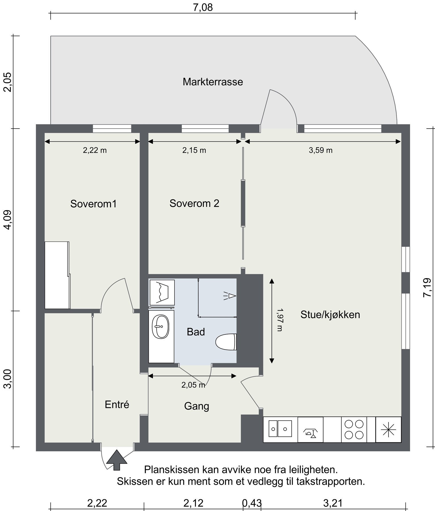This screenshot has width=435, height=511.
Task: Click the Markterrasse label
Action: click(213, 82)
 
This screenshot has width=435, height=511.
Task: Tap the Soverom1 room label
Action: click(93, 204)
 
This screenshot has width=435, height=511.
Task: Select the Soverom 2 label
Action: click(194, 203)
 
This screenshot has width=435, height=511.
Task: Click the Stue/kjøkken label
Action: click(330, 315)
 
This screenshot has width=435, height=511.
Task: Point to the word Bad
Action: click(196, 332)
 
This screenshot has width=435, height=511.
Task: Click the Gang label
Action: click(197, 406)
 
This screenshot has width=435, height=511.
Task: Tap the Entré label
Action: click(117, 405)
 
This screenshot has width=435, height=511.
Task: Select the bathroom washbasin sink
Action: click(161, 326)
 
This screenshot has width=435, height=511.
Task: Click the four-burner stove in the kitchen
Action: click(354, 430)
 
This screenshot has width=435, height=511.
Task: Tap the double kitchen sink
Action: click(280, 429)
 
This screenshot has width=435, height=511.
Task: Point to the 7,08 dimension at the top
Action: click(203, 7)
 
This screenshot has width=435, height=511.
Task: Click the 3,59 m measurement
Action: click(320, 150)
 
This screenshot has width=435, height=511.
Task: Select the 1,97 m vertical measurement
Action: click(280, 320)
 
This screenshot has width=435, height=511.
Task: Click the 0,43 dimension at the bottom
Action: click(251, 503)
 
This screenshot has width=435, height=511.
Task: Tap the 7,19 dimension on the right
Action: click(427, 287)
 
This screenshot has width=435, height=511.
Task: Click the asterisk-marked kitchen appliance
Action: click(388, 430)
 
